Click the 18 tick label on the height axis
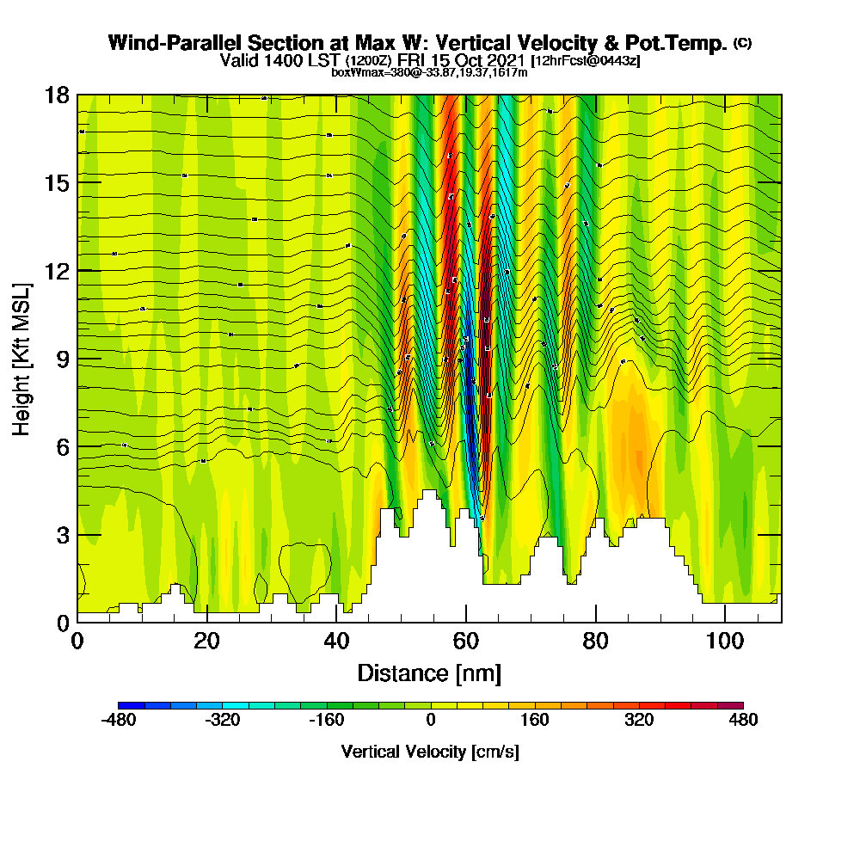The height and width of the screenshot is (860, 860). point(57,95)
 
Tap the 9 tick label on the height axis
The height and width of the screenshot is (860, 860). point(63,359)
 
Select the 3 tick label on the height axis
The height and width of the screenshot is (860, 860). point(63,535)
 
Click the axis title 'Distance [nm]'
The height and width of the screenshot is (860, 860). point(429,673)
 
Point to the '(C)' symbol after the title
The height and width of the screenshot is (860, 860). point(742,42)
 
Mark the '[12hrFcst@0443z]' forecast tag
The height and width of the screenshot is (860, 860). point(586,61)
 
